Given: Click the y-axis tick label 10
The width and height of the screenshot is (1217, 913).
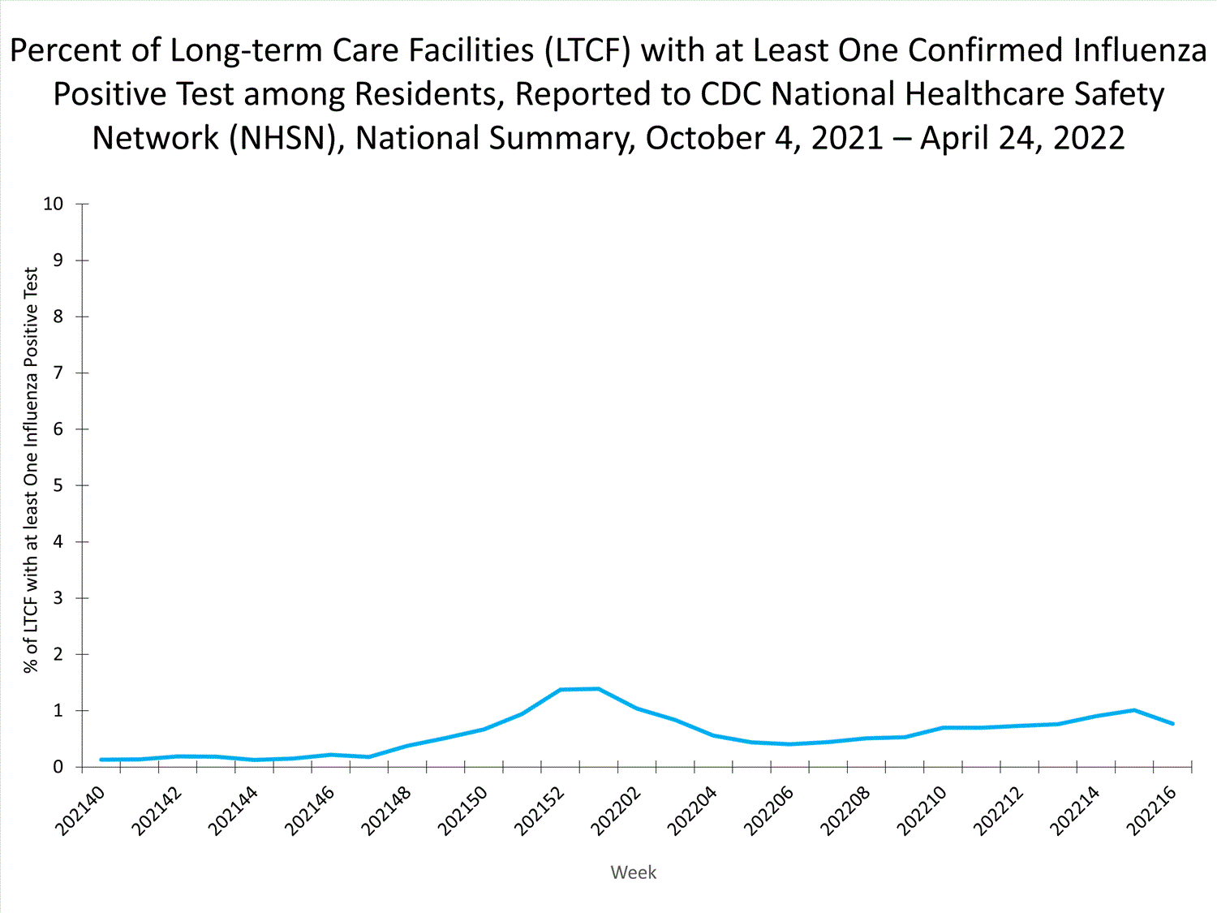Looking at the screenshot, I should (53, 204).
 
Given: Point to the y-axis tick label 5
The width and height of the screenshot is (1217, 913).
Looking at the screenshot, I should (58, 485).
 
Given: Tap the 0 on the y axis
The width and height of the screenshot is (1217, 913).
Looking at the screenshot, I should (58, 767).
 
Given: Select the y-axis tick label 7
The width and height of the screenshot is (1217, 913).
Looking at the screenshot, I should (58, 373).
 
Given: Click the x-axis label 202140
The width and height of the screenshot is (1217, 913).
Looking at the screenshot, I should (80, 811).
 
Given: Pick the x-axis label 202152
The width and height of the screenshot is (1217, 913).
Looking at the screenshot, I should (540, 811).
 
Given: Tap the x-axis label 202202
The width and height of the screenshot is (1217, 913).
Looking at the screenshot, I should (616, 811).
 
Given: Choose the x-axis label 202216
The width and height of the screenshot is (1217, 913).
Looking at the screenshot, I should (1152, 811).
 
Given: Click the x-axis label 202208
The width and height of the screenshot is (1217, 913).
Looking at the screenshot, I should (845, 811).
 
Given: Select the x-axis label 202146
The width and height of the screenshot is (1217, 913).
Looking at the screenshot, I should (309, 811).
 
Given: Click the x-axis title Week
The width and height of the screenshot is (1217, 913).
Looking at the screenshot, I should (633, 872).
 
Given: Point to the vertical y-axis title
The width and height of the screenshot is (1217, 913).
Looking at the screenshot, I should (31, 471).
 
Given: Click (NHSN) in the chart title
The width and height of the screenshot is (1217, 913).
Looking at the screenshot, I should (282, 138).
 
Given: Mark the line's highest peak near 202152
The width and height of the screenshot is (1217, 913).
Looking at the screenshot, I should (598, 689).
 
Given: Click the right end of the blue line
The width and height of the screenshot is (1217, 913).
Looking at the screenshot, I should (1172, 723).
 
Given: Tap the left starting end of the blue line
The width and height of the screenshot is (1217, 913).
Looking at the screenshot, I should (101, 760).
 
